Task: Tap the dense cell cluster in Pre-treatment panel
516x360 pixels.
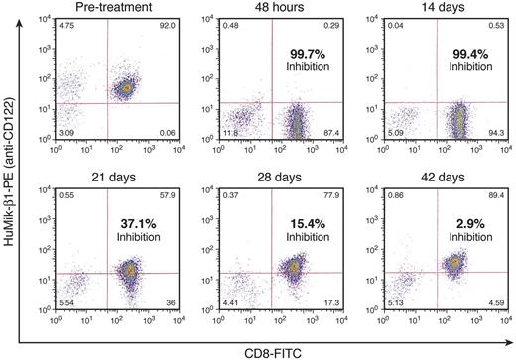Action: pos(126,88)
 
